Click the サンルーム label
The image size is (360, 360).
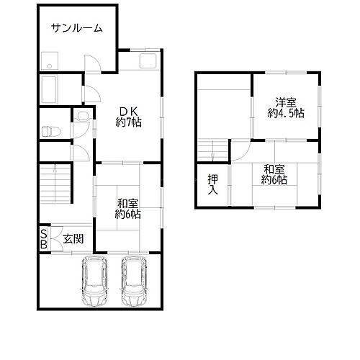[x=77, y=29]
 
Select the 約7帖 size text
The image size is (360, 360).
[x=129, y=122]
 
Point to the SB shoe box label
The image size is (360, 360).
[x=44, y=238]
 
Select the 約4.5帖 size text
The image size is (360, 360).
[x=286, y=114]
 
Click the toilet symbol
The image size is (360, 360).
[x=49, y=132]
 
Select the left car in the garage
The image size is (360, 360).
[x=95, y=282]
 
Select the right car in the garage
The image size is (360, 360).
[x=134, y=282]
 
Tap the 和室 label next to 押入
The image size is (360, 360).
[x=276, y=174]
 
